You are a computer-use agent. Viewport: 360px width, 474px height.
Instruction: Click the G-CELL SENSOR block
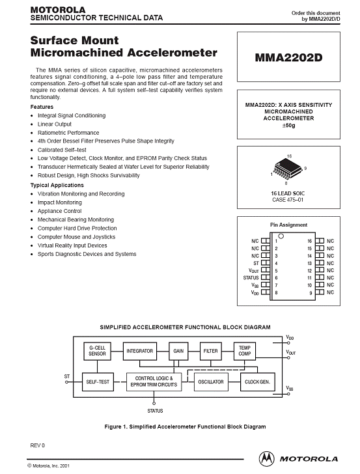pyautogui.click(x=98, y=351)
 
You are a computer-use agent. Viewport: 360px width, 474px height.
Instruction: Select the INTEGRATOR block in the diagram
pyautogui.click(x=140, y=351)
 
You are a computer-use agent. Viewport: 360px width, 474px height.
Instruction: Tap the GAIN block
pyautogui.click(x=178, y=351)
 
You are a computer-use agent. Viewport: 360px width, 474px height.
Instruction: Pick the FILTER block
pyautogui.click(x=211, y=351)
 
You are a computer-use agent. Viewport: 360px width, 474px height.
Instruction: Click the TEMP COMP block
pyautogui.click(x=245, y=351)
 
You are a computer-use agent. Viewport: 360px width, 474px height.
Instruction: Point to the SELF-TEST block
pyautogui.click(x=98, y=382)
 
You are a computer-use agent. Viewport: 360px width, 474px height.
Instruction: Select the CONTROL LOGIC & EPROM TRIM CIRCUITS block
pyautogui.click(x=154, y=382)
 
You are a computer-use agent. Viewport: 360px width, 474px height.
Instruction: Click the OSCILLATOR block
pyautogui.click(x=211, y=382)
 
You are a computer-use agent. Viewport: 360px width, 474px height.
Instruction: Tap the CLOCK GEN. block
pyautogui.click(x=258, y=382)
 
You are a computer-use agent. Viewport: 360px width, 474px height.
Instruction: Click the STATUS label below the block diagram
pyautogui.click(x=155, y=411)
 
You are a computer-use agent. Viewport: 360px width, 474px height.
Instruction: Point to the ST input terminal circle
pyautogui.click(x=67, y=382)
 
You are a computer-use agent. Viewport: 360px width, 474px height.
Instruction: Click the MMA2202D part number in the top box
pyautogui.click(x=288, y=57)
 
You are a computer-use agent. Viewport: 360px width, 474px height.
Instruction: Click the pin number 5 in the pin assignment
pyautogui.click(x=276, y=271)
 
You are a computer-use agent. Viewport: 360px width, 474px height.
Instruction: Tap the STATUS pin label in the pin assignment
pyautogui.click(x=251, y=277)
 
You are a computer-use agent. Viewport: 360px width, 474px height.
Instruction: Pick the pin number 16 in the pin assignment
pyautogui.click(x=309, y=241)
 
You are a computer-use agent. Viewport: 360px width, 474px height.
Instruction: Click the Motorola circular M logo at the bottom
pyautogui.click(x=267, y=458)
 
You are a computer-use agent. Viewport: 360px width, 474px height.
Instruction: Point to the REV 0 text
pyautogui.click(x=38, y=445)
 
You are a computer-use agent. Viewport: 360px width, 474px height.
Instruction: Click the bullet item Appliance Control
pyautogui.click(x=59, y=211)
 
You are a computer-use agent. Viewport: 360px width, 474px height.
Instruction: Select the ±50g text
pyautogui.click(x=288, y=125)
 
